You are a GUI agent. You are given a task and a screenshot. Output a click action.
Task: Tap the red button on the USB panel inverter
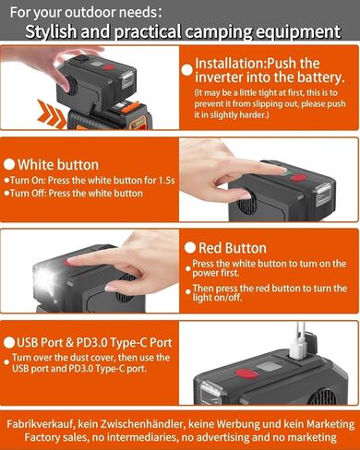pos(245,373)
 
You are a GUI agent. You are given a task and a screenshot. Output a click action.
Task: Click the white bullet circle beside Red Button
pos(190,248)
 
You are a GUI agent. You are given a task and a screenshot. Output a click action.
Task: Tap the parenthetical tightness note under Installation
pos(273,106)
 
